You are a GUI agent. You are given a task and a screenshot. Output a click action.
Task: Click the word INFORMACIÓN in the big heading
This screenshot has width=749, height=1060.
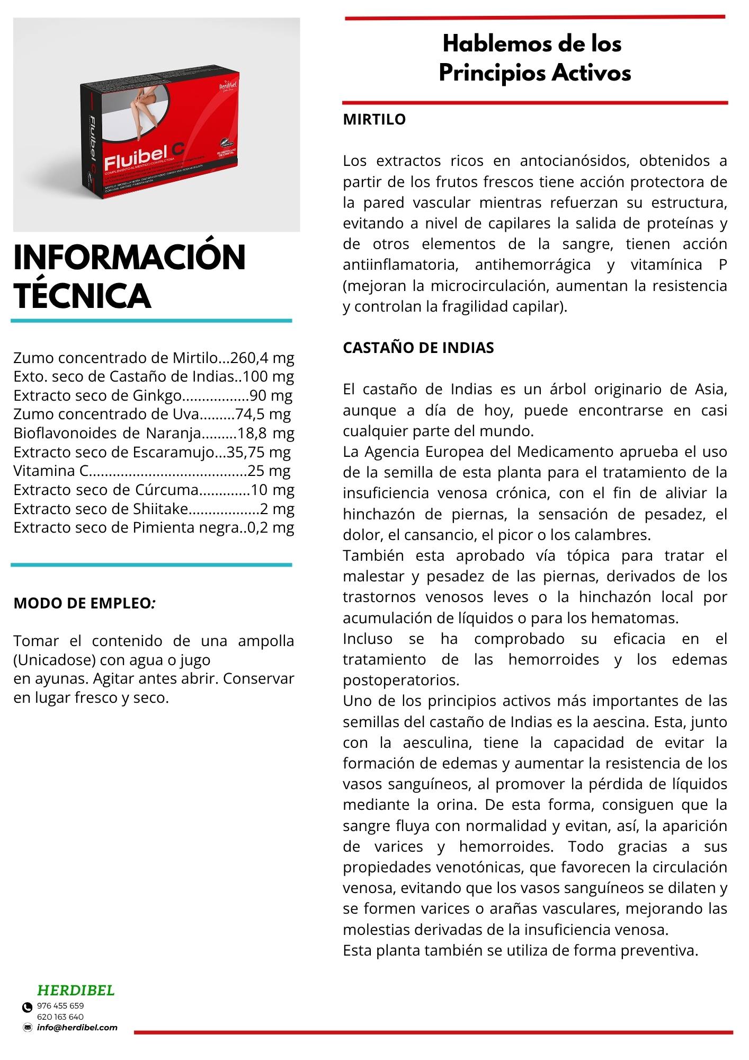click(x=129, y=258)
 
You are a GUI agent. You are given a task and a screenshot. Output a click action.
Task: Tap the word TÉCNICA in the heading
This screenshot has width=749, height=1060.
click(x=82, y=295)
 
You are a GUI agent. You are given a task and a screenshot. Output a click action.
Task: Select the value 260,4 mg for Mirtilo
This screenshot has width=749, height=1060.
click(x=263, y=358)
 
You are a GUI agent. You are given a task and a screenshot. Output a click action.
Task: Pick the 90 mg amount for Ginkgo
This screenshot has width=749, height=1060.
click(x=271, y=395)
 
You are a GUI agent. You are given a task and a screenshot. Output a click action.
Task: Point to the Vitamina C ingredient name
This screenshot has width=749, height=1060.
click(x=50, y=471)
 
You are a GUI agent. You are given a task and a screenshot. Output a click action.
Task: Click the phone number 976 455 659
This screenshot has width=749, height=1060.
click(x=60, y=1005)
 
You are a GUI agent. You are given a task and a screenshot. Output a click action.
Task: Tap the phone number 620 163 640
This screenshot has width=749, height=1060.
click(x=60, y=1017)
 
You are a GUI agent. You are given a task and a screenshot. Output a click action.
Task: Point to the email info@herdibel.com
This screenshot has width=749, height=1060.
click(x=77, y=1028)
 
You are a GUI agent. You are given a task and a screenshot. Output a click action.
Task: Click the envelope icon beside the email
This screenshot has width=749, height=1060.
click(x=28, y=1028)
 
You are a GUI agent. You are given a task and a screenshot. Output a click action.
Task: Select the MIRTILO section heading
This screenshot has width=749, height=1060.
click(x=374, y=119)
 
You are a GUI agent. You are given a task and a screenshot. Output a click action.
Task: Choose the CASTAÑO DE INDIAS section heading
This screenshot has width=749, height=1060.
click(x=418, y=348)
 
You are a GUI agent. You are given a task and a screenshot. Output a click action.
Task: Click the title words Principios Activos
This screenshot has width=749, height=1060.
click(x=535, y=73)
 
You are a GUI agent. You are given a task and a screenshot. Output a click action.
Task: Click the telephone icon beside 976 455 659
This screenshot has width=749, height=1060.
click(x=27, y=1007)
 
